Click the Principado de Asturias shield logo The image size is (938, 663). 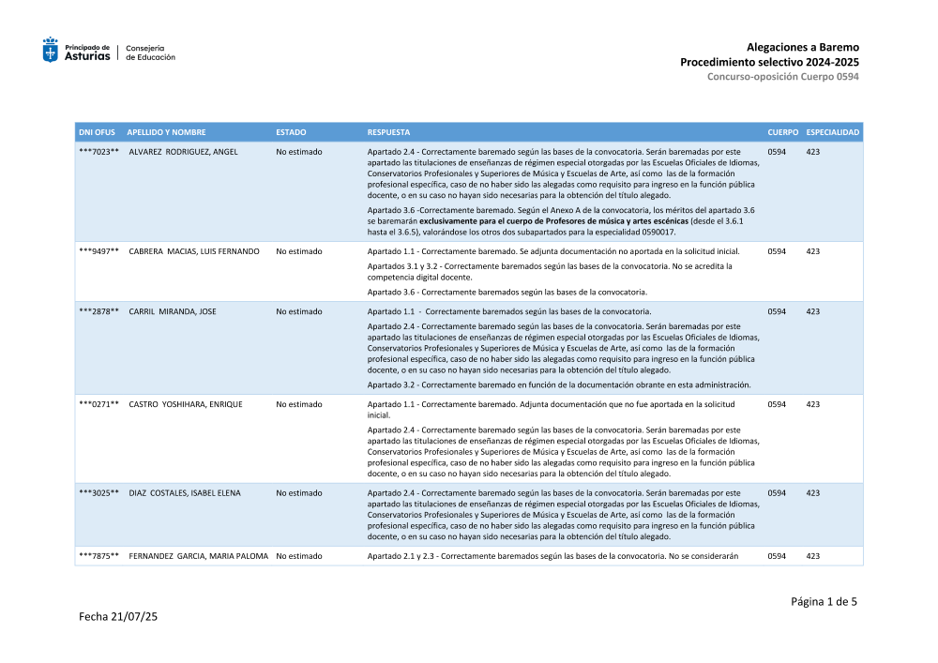(x=51, y=51)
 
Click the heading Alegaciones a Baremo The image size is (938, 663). (x=802, y=47)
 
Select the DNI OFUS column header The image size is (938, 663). (x=97, y=132)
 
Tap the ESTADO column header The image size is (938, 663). (x=291, y=132)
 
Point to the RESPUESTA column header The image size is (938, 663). (x=388, y=132)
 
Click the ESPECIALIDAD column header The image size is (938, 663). (x=832, y=132)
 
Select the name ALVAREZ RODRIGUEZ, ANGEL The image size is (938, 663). (x=183, y=151)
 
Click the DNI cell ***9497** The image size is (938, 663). (x=98, y=251)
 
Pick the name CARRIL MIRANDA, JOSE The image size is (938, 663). (x=173, y=311)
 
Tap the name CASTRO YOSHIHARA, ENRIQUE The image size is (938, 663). (x=186, y=404)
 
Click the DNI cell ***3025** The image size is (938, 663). (x=98, y=493)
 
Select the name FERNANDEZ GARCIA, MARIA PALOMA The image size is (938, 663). (x=199, y=556)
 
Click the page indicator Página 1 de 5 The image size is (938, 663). (x=823, y=602)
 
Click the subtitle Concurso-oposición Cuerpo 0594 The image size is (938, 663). (x=782, y=76)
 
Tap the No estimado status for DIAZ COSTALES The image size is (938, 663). (x=299, y=493)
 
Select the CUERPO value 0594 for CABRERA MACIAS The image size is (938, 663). (x=777, y=251)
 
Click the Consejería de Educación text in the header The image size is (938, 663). (x=150, y=53)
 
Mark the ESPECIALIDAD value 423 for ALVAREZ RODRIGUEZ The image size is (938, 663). (x=812, y=151)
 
